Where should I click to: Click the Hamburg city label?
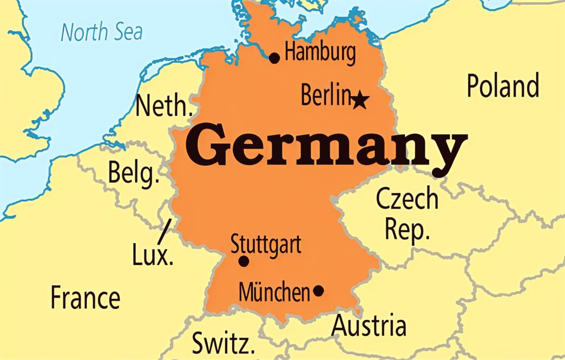point(320,54)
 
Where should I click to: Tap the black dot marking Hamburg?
point(274,58)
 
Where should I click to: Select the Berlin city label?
point(326,96)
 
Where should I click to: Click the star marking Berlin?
point(360,100)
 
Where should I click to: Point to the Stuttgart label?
point(266,244)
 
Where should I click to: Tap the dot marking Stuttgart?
point(244,261)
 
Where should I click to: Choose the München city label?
point(274,293)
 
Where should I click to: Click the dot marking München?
point(318,291)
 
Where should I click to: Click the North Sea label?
point(102,32)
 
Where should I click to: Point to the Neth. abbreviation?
point(164,106)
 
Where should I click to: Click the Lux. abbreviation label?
point(153,254)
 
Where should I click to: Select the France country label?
point(85,298)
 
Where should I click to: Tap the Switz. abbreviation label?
point(223,343)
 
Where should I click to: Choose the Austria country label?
point(369,326)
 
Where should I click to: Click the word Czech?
point(407,199)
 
